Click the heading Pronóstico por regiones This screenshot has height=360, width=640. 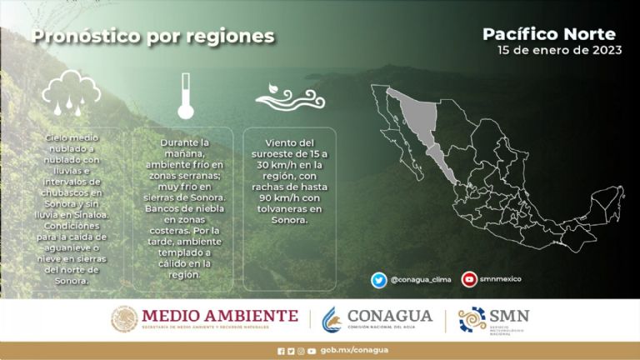[x=152, y=37]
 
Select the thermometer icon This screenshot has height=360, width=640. [x=185, y=96]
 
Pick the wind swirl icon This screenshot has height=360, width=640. [x=289, y=96]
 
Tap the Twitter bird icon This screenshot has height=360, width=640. [x=379, y=280]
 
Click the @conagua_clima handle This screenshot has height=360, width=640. [x=420, y=280]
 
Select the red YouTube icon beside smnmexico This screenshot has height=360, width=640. [x=469, y=280]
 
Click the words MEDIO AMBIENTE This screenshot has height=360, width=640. [x=219, y=316]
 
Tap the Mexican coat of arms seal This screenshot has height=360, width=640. [x=124, y=318]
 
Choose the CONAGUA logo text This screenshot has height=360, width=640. [x=389, y=316]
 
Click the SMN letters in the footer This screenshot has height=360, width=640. [x=509, y=317]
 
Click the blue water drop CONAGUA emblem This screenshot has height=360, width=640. [x=332, y=318]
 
